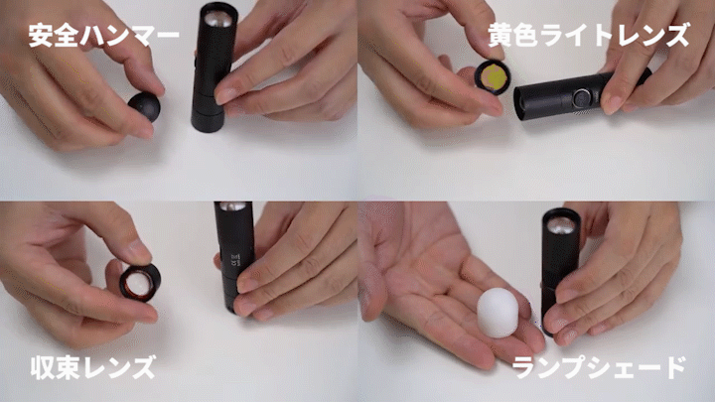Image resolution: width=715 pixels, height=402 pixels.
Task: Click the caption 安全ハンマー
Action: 103,36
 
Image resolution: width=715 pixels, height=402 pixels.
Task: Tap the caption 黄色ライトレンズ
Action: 588,36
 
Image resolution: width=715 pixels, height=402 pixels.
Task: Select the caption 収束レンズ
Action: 93,368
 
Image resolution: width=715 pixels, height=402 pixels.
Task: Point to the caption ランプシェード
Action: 599,368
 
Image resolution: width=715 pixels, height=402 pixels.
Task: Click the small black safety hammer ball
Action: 145,106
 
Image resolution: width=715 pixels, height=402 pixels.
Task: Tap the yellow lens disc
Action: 493,76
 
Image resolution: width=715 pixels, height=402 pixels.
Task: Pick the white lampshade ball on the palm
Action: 498,313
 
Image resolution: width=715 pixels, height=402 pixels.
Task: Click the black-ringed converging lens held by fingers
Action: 140,283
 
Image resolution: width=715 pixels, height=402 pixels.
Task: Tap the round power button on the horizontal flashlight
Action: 581,98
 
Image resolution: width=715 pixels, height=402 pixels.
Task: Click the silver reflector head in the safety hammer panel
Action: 217,19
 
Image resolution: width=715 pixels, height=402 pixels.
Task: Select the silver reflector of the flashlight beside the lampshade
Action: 560,225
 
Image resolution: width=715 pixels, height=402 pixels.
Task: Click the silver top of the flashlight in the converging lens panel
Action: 233,206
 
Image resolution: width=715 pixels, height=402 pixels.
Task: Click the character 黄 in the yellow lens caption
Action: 500,36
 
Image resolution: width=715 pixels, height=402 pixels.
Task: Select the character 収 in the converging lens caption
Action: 43,368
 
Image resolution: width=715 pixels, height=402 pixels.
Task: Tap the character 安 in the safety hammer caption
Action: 41,36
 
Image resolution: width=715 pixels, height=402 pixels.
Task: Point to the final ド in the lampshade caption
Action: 674,368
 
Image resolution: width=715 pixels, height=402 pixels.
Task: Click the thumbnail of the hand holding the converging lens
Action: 179,302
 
